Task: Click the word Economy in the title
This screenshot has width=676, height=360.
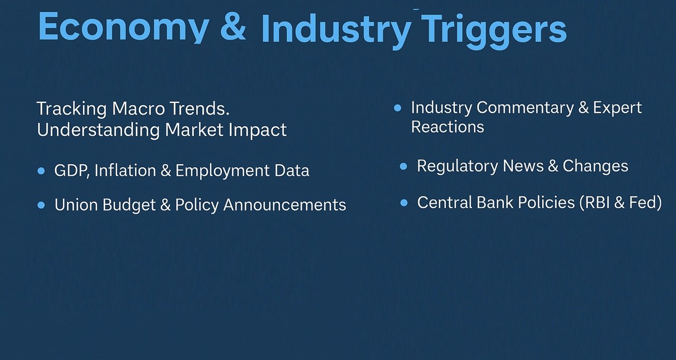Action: click(124, 27)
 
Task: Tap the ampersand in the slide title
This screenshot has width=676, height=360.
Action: click(233, 26)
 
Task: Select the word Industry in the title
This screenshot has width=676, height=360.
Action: click(335, 30)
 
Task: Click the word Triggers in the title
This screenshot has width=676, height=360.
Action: click(494, 30)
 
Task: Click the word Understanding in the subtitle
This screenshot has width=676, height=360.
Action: click(98, 130)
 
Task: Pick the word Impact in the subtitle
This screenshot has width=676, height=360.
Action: click(257, 130)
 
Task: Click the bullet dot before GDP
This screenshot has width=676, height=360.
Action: click(41, 171)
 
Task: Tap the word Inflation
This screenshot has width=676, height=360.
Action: click(125, 170)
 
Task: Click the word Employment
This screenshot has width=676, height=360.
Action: click(222, 171)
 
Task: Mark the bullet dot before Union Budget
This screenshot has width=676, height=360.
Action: click(41, 205)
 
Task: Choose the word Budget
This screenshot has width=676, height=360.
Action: click(129, 205)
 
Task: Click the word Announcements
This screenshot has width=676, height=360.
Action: click(285, 205)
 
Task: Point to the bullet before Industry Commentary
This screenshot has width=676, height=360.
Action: click(398, 108)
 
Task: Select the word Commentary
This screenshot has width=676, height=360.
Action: click(525, 108)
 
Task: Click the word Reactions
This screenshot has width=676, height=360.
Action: click(447, 127)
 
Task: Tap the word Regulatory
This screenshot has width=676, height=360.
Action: click(457, 166)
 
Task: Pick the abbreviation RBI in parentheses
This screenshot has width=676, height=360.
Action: click(597, 202)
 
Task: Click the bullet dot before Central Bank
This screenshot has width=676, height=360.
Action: click(404, 203)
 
